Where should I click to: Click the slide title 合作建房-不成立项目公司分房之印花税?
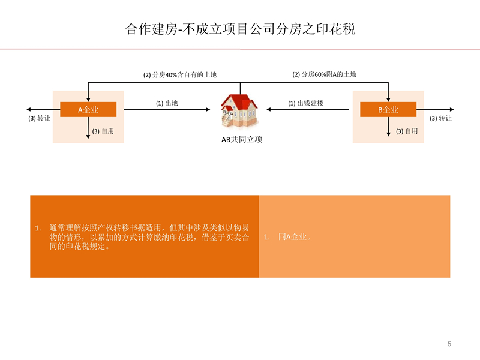241,29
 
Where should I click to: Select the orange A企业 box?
88,109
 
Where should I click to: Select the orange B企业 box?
388,109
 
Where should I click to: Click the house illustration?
239,110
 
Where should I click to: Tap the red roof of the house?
239,101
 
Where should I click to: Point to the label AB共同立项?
242,140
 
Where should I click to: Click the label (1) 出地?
167,103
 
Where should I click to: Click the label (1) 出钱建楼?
305,103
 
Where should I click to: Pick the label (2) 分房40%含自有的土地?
180,74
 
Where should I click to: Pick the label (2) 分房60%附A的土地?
324,74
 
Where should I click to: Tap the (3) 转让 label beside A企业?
39,118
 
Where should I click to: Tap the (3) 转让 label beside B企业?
440,118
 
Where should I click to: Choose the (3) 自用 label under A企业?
103,131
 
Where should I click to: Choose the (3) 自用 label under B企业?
407,131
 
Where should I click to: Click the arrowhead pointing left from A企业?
28,109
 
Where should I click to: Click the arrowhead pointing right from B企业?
452,109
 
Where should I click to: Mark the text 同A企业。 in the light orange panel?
295,236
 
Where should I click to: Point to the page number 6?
449,344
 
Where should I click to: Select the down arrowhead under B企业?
388,134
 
